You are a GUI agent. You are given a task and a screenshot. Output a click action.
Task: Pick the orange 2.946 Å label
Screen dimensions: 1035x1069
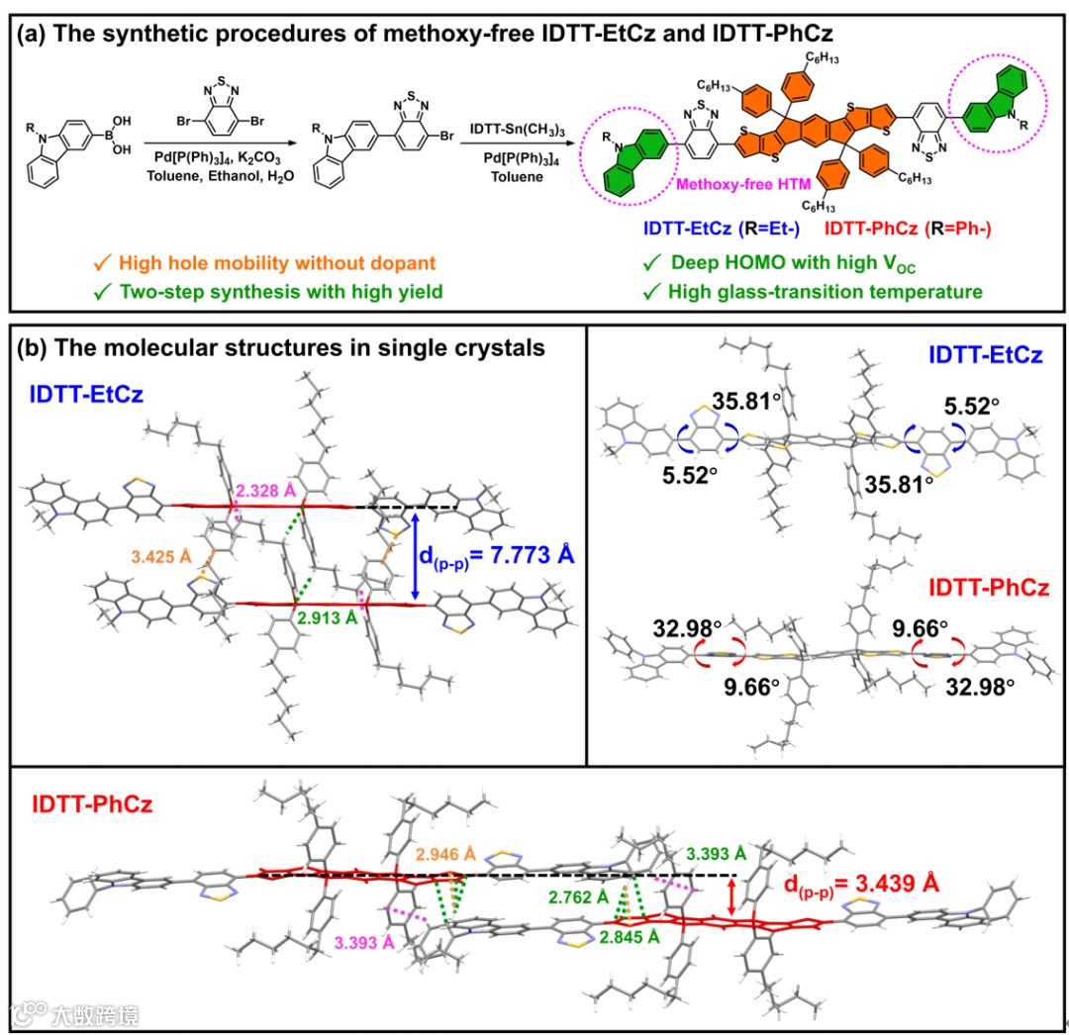(446, 853)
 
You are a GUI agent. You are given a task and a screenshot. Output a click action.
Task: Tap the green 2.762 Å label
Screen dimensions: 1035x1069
(575, 897)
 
